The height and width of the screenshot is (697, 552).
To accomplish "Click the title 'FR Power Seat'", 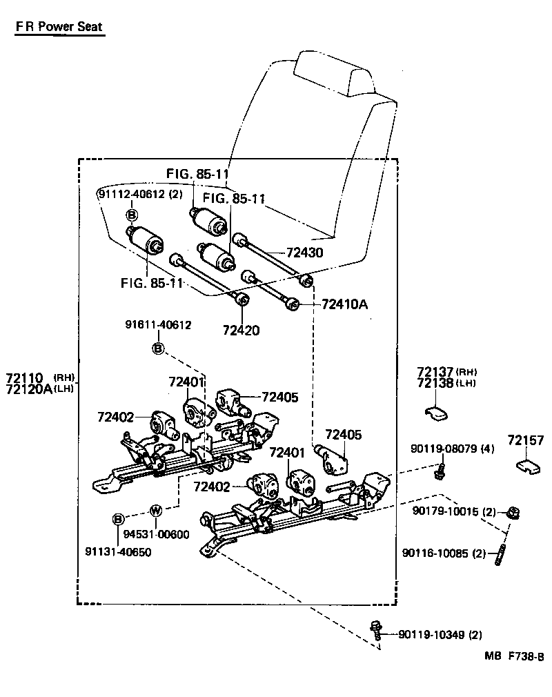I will [x=59, y=27].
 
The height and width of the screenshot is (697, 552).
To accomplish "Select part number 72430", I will [x=305, y=253].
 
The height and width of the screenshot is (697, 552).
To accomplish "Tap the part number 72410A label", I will [x=345, y=304].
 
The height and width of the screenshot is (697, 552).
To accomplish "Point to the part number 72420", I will [x=241, y=330].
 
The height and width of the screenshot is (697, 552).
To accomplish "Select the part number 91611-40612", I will [x=158, y=324].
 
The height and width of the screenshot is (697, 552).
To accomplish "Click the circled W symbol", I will [x=155, y=511].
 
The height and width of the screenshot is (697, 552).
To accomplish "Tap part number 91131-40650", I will [x=118, y=551].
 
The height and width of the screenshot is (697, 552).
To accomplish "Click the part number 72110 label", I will [x=25, y=377].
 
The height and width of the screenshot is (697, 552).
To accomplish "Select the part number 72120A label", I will [x=28, y=389].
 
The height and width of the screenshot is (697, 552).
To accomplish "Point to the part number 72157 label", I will [x=526, y=440].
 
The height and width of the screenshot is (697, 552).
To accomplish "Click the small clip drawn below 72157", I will [x=529, y=467].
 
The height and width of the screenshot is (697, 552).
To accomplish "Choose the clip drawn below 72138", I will [x=435, y=412].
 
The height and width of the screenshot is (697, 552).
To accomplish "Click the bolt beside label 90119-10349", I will [x=377, y=629].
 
